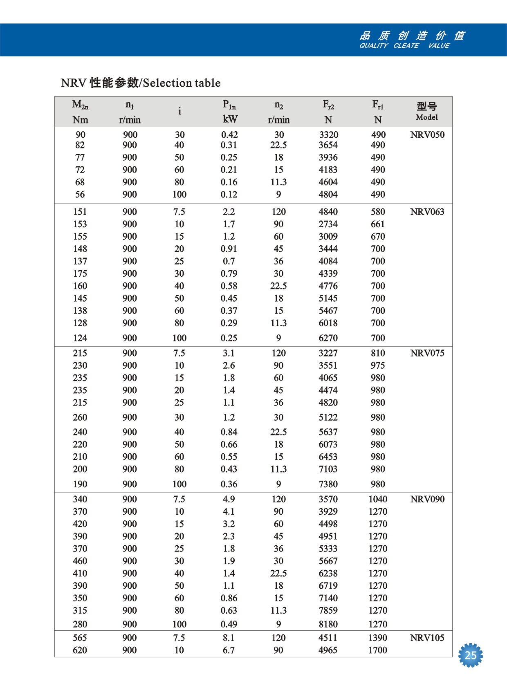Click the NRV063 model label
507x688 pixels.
427,212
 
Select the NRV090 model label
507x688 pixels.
427,499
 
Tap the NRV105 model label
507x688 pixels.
427,638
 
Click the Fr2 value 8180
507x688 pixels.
328,624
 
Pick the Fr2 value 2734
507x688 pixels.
328,224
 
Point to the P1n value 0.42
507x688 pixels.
229,135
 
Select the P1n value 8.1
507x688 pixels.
229,638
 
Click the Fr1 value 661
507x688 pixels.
378,224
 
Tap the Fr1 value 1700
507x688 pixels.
378,650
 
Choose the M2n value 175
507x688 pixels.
80,273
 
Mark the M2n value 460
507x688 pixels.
80,561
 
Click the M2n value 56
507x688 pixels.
80,195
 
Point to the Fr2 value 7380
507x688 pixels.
328,484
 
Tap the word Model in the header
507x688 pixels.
427,117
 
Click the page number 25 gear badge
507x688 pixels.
471,655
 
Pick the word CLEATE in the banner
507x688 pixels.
406,46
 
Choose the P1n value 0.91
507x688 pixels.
229,249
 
